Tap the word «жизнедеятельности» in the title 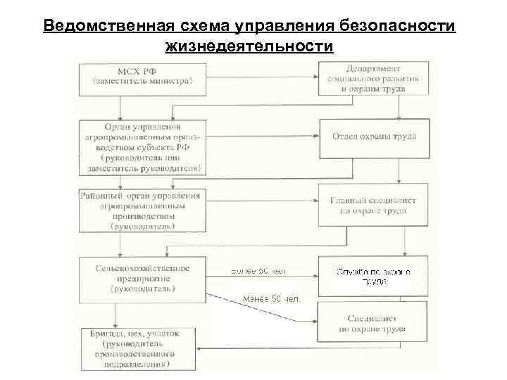249,46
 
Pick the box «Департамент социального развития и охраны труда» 374,79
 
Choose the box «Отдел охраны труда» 374,136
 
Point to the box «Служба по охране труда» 373,275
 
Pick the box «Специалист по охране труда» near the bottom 373,323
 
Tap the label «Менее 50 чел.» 271,299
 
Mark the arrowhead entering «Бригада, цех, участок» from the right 201,350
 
